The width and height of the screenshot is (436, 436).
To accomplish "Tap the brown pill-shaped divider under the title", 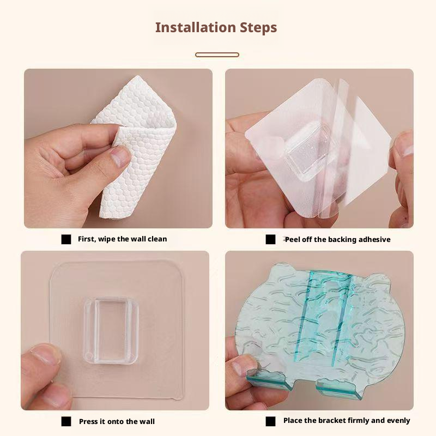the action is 217,55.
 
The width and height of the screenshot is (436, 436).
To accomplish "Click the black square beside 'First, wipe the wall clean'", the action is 66,239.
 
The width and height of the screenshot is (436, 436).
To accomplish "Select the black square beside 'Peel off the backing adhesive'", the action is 270,239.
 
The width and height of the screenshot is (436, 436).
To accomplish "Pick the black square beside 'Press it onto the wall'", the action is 66,421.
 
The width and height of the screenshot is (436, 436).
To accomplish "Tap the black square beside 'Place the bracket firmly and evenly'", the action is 270,421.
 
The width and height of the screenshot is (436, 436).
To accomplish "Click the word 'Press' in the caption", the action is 88,421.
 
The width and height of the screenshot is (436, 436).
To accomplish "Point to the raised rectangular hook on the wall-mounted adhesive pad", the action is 112,331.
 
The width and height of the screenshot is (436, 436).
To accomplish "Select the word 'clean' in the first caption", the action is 157,239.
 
